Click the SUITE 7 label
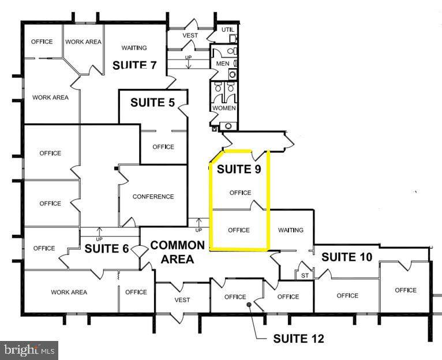click(x=134, y=65)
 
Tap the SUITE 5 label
click(x=152, y=102)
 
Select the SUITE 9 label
click(x=239, y=169)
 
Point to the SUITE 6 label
click(x=107, y=249)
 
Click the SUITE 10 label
click(x=347, y=257)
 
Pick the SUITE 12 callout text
click(x=298, y=339)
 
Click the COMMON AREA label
click(x=178, y=252)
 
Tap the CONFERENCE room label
click(x=153, y=197)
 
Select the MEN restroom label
click(x=223, y=63)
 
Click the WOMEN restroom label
click(x=224, y=108)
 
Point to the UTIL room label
click(x=228, y=29)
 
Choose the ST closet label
click(x=305, y=275)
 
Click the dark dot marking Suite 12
click(x=249, y=305)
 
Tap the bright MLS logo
click(x=29, y=350)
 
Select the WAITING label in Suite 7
click(x=134, y=48)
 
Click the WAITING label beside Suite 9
click(x=291, y=230)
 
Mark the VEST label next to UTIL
click(x=190, y=35)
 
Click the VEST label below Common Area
click(x=182, y=300)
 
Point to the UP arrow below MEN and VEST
click(x=188, y=63)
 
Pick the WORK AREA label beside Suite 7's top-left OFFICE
click(x=83, y=42)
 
